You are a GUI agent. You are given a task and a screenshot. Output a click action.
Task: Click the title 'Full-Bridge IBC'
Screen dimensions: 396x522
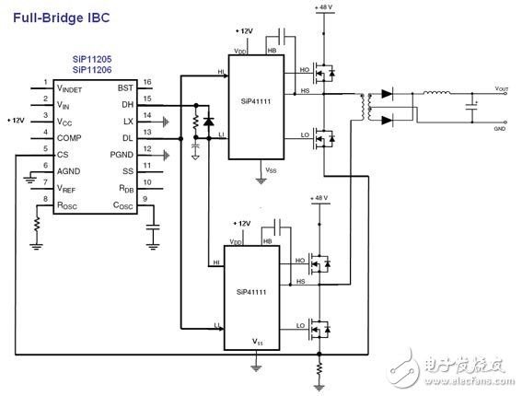57,16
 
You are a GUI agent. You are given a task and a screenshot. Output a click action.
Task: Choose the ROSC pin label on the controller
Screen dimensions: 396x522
71,204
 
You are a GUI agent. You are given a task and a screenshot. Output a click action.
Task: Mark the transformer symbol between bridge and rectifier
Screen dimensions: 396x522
370,107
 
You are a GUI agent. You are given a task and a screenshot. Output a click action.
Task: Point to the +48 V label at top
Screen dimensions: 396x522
323,7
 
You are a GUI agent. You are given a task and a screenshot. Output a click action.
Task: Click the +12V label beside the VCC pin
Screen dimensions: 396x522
17,120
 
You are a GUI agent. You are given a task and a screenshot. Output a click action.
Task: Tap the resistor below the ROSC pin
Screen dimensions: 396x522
38,224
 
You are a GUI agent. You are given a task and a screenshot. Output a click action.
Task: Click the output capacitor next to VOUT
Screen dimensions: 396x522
472,108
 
